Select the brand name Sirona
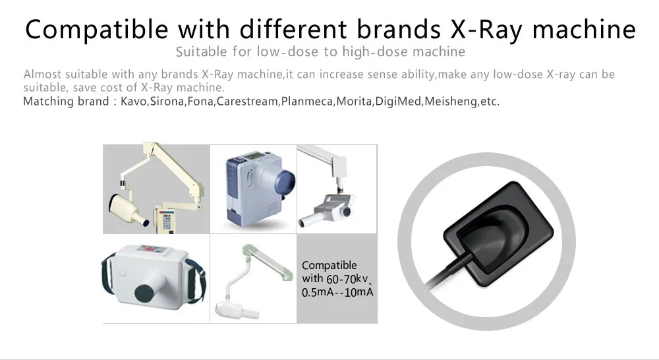[x=167, y=102]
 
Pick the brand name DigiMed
[x=398, y=102]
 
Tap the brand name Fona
[x=201, y=102]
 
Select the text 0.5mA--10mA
[x=337, y=291]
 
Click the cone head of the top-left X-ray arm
[x=126, y=207]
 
